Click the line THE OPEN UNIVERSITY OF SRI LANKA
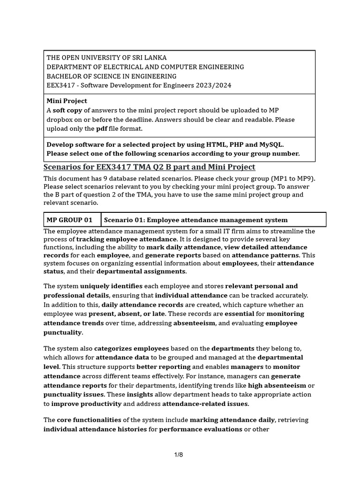(x=106, y=58)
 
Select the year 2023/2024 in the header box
(x=214, y=85)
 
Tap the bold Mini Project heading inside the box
(x=67, y=101)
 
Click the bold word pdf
(x=102, y=128)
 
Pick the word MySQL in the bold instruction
(x=269, y=144)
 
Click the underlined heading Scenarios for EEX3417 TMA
(x=149, y=167)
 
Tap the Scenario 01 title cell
(x=195, y=220)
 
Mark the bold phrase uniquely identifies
(x=112, y=286)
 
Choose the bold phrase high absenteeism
(x=277, y=385)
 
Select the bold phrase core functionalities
(x=89, y=420)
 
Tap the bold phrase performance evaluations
(x=201, y=429)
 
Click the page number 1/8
(x=178, y=455)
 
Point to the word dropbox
(x=57, y=120)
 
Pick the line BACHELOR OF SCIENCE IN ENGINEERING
(x=111, y=76)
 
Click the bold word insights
(x=140, y=395)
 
